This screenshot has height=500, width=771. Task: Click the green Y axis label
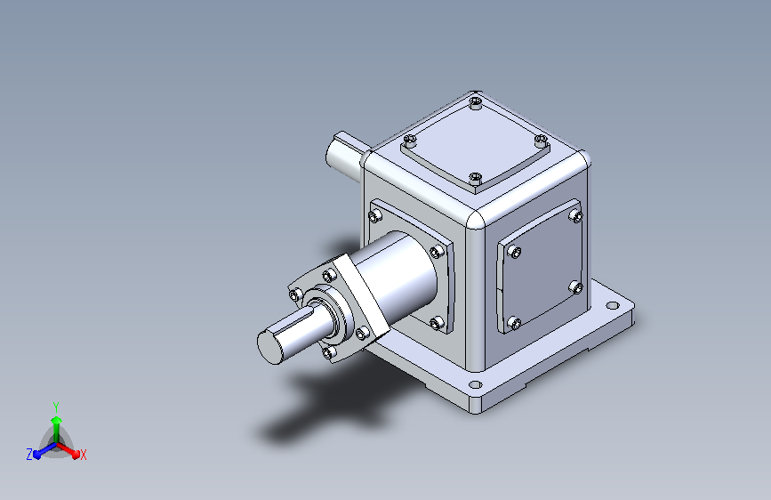56,407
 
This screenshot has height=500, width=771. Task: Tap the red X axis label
83,456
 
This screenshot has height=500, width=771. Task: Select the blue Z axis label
29,455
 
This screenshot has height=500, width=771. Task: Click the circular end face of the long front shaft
270,347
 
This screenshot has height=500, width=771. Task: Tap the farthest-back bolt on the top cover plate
476,103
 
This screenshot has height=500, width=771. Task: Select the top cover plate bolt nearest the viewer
475,178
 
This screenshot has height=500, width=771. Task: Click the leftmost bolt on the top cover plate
410,141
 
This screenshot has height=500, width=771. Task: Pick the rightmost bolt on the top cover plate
541,140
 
